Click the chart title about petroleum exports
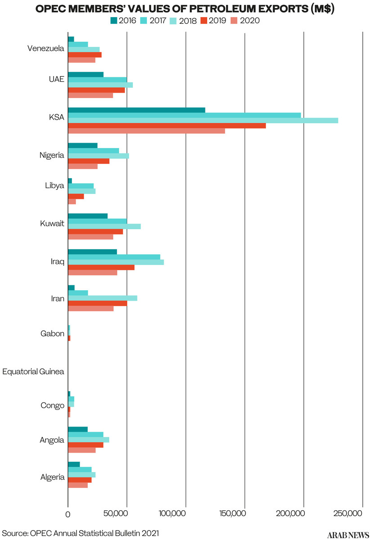click(x=185, y=9)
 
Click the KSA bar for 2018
click(x=203, y=120)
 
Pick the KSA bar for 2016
click(x=136, y=110)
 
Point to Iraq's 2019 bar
click(x=101, y=267)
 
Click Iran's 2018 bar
click(x=103, y=298)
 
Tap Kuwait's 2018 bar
click(x=104, y=226)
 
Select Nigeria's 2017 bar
click(x=94, y=151)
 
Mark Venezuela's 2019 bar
click(x=85, y=54)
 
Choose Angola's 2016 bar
click(x=78, y=429)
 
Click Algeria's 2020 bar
click(x=78, y=485)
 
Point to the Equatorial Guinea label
click(x=33, y=372)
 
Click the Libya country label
click(x=54, y=186)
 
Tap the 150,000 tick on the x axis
click(x=245, y=513)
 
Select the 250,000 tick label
click(x=362, y=513)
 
